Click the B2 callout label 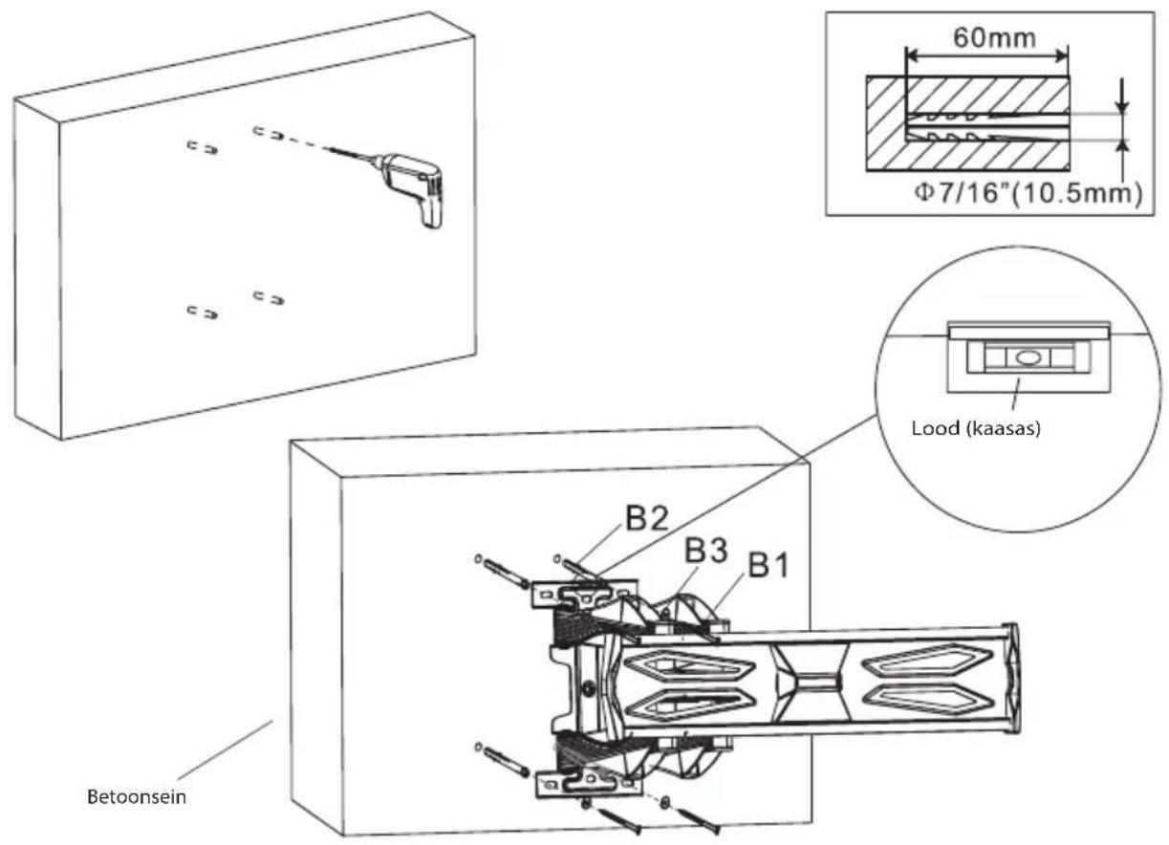(646, 519)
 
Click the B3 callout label (705, 551)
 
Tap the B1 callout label (769, 565)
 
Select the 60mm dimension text (994, 38)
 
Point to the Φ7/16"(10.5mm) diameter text (1028, 194)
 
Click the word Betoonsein (137, 797)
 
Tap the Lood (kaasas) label (976, 428)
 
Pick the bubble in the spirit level (1027, 358)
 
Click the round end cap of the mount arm (1011, 678)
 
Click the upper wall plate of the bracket (584, 595)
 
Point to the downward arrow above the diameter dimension (1121, 96)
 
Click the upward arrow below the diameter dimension (1121, 160)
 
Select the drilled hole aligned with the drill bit (269, 133)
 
